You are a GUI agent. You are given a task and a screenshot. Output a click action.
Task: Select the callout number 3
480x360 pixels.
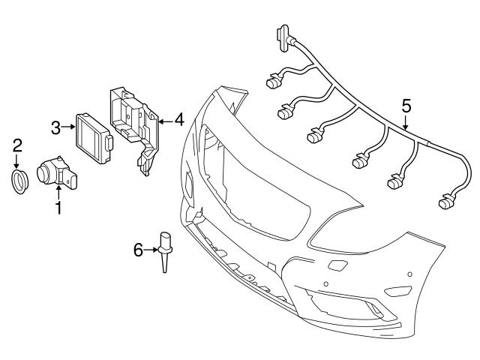click(56, 127)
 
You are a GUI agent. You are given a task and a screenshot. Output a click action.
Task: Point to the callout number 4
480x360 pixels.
click(178, 118)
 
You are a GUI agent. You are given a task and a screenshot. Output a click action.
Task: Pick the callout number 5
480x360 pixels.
click(406, 105)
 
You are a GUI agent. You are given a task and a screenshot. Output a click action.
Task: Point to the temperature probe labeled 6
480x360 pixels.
click(164, 251)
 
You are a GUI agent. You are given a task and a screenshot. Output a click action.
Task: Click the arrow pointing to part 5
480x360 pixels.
click(406, 124)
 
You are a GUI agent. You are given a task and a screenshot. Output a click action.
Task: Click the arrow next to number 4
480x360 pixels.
click(163, 118)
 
